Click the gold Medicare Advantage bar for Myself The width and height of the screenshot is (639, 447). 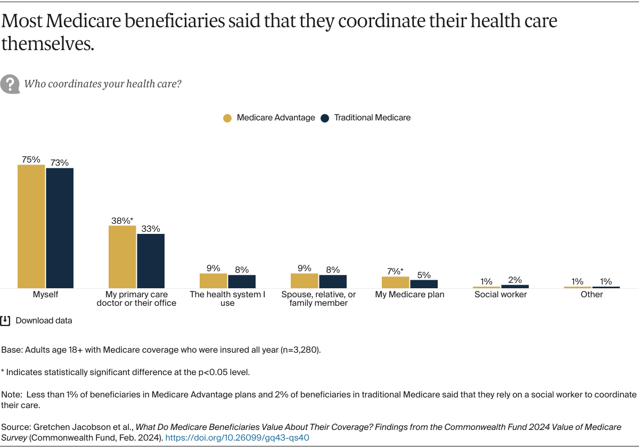(31, 226)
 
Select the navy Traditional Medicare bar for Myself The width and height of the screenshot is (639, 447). (60, 228)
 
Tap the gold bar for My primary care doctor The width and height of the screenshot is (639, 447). (122, 257)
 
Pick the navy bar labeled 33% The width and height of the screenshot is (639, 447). (151, 261)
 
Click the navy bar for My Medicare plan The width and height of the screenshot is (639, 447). (424, 284)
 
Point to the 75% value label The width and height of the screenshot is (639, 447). (31, 159)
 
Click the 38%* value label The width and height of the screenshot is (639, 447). (122, 220)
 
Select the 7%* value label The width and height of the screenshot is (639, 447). (395, 271)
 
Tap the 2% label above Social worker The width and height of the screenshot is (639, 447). (515, 280)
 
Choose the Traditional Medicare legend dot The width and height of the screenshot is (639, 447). (325, 118)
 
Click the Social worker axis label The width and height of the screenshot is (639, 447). (501, 295)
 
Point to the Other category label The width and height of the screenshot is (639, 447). (592, 295)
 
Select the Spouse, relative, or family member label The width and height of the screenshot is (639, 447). (318, 298)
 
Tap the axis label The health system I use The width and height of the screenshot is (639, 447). (227, 298)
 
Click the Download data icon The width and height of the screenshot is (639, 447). (5, 321)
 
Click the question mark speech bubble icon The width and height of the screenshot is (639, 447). (10, 84)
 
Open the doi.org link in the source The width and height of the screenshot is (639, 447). (237, 437)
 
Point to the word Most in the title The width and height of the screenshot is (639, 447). (22, 21)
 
